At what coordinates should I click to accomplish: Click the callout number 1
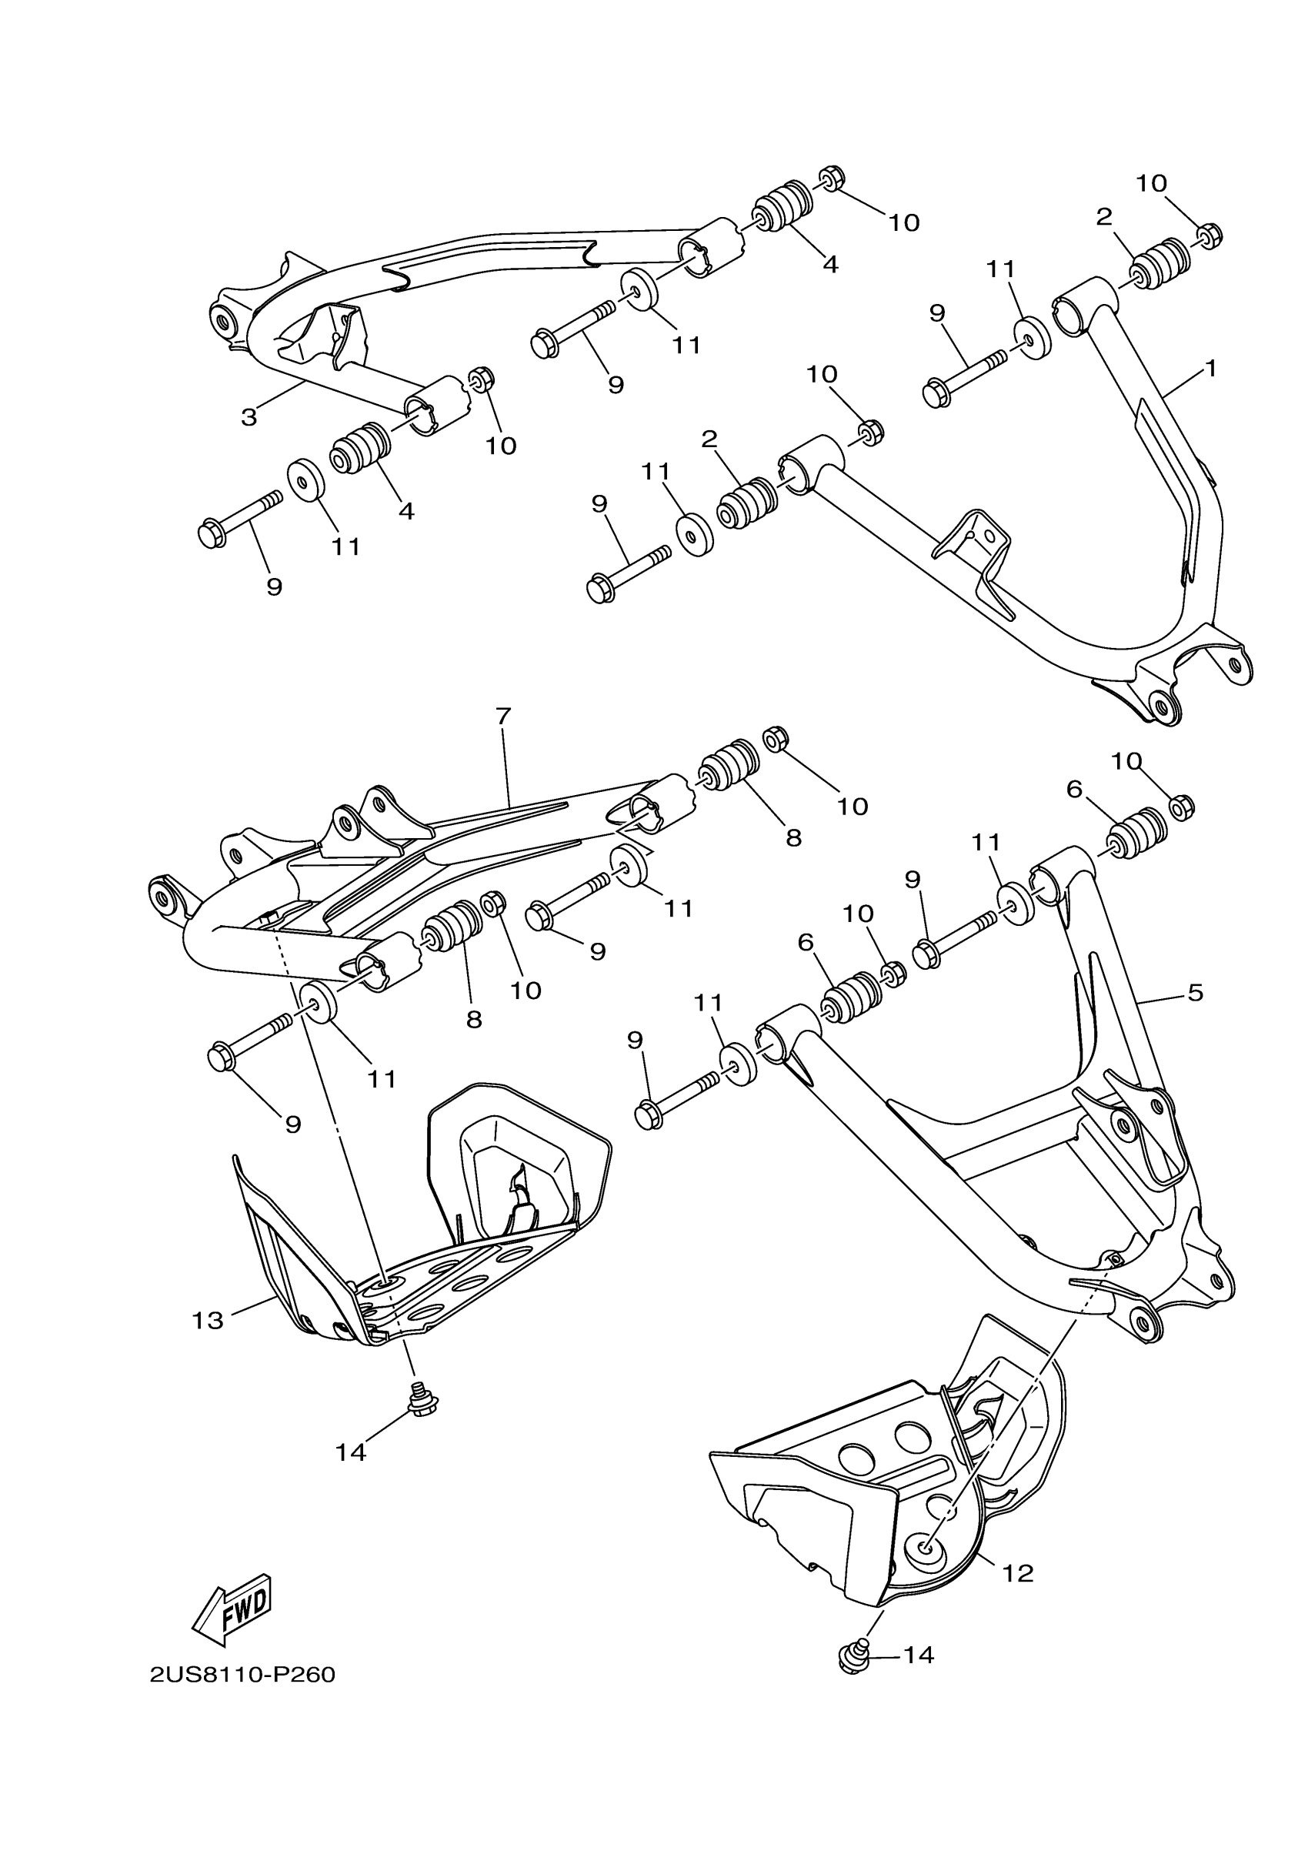1209,369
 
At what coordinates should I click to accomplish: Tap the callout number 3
249,418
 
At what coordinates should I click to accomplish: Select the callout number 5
1195,992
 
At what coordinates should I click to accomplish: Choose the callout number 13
207,1321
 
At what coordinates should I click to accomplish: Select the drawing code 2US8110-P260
242,1676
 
